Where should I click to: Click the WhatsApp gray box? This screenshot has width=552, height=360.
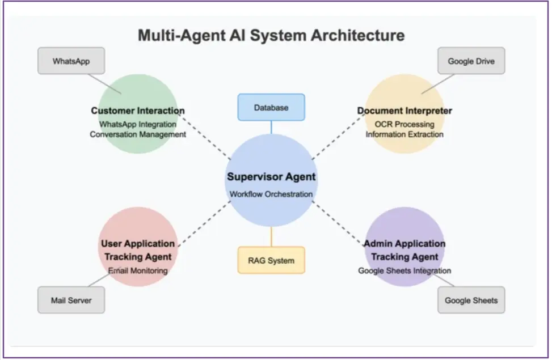pyautogui.click(x=71, y=61)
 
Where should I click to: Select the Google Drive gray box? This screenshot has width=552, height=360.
pyautogui.click(x=471, y=61)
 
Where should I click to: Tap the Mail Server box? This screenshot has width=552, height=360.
pyautogui.click(x=71, y=300)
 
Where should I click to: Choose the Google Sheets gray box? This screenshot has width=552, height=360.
pyautogui.click(x=471, y=300)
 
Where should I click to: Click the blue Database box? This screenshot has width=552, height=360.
pyautogui.click(x=271, y=107)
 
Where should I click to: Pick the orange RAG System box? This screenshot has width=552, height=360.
pyautogui.click(x=271, y=260)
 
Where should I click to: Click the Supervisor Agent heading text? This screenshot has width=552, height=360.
pyautogui.click(x=271, y=176)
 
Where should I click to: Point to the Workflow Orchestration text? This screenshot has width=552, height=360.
pyautogui.click(x=271, y=194)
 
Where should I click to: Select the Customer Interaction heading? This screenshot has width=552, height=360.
pyautogui.click(x=138, y=111)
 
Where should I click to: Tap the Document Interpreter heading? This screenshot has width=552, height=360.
pyautogui.click(x=404, y=111)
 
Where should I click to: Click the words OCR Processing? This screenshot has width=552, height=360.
pyautogui.click(x=404, y=124)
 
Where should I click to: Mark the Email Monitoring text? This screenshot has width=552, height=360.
pyautogui.click(x=138, y=270)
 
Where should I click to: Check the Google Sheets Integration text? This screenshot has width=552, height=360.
pyautogui.click(x=404, y=270)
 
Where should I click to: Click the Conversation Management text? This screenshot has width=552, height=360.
pyautogui.click(x=138, y=134)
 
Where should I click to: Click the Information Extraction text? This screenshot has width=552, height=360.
pyautogui.click(x=404, y=134)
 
